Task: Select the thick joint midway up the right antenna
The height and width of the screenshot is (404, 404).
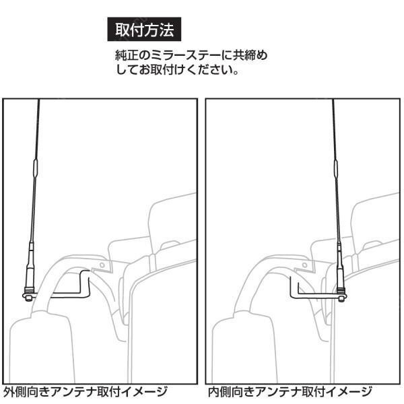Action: click(x=335, y=166)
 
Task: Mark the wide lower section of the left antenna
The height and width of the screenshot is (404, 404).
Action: click(x=29, y=259)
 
